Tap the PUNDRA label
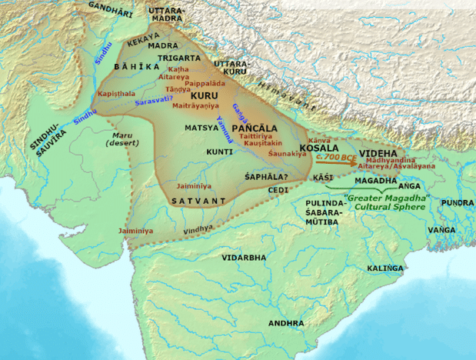click(456, 202)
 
